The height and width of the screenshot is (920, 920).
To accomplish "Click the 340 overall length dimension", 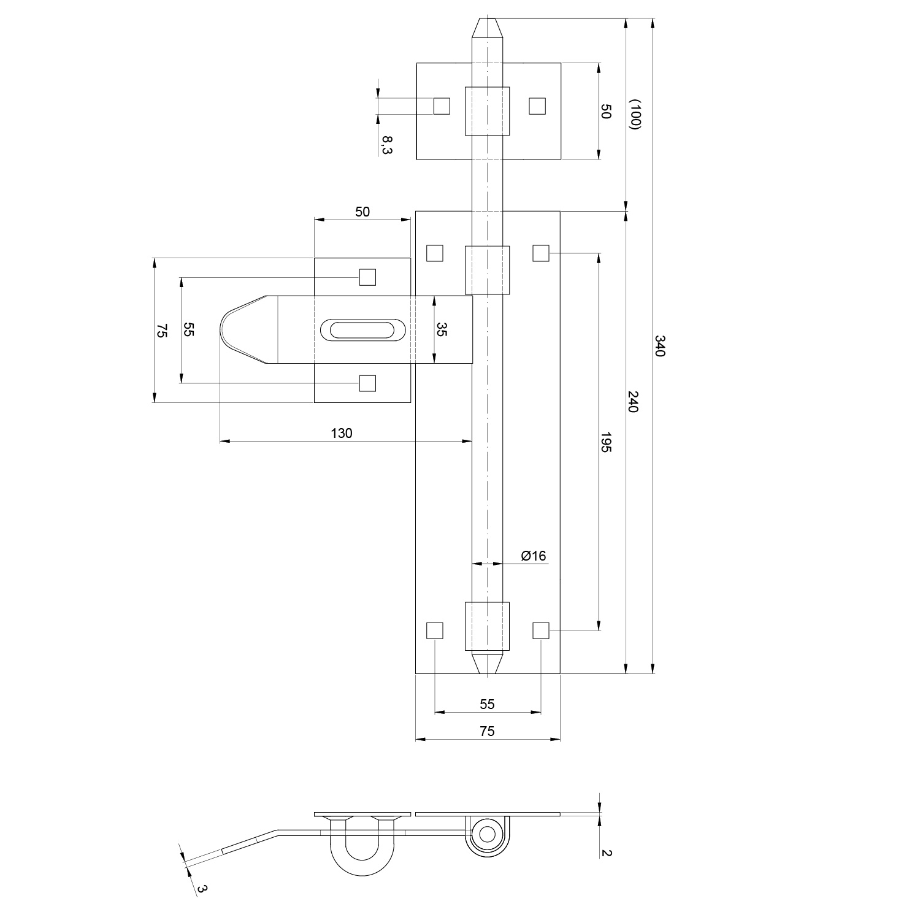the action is click(660, 346).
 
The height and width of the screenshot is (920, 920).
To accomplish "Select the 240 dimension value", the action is click(634, 401).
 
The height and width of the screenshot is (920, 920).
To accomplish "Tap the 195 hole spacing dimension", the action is click(606, 442).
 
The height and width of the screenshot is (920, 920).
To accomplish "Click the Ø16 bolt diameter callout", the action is click(533, 556).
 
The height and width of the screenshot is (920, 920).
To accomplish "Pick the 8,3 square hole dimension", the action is click(386, 145).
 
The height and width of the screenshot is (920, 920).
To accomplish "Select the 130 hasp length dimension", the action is click(342, 433).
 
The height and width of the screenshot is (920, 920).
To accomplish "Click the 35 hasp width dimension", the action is click(442, 329).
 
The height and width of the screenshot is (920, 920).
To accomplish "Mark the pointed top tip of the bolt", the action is click(488, 18).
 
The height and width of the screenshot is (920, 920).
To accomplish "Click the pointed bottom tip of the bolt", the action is click(488, 677).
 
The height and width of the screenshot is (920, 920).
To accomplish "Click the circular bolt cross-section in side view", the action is click(487, 834).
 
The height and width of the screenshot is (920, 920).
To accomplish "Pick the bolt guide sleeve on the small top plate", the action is click(488, 111).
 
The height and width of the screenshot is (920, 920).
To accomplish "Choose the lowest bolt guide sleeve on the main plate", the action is click(488, 626).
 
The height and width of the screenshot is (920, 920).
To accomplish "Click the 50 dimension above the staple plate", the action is click(362, 212).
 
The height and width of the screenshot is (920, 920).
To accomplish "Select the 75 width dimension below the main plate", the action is click(488, 731).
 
